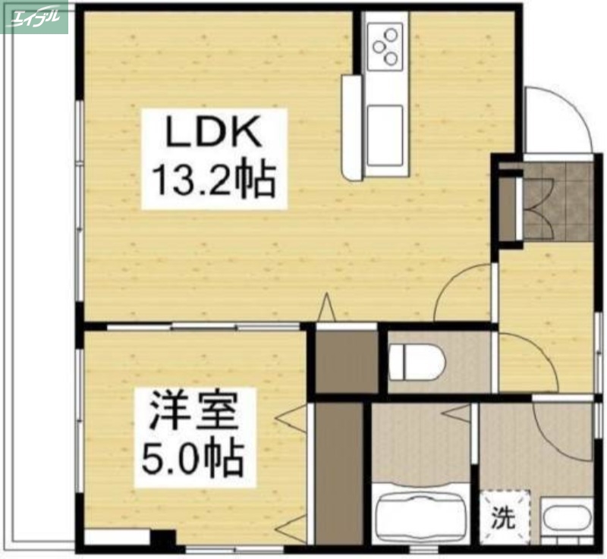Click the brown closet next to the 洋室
click(x=339, y=473)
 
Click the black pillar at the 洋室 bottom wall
click(x=162, y=540)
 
